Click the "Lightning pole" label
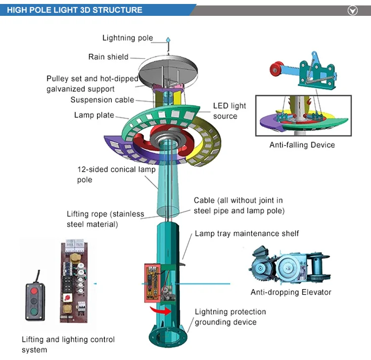click(x=128, y=38)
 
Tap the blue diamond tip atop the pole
click(x=168, y=39)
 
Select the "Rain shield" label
click(x=108, y=57)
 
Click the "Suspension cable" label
click(x=102, y=100)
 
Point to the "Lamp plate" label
click(x=94, y=115)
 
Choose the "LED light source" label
click(x=229, y=111)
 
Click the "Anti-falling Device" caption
click(x=302, y=145)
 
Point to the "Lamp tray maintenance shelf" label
click(x=246, y=233)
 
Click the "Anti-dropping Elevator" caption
click(x=291, y=292)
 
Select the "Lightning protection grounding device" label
click(x=230, y=317)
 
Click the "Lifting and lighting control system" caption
click(x=68, y=344)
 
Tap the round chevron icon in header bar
click(x=353, y=10)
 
